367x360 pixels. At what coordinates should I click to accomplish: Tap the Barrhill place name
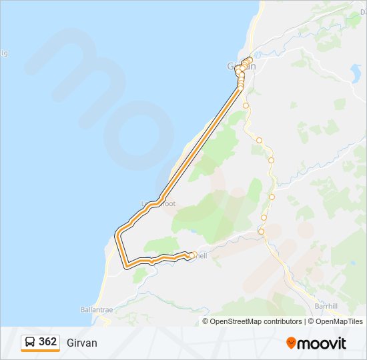pyautogui.click(x=327, y=306)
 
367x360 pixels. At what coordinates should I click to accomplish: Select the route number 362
pyautogui.click(x=47, y=342)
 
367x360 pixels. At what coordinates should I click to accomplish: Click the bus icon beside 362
pyautogui.click(x=30, y=342)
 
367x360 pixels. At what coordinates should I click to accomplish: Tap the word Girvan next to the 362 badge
pyautogui.click(x=81, y=343)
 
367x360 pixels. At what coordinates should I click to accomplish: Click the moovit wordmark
pyautogui.click(x=322, y=343)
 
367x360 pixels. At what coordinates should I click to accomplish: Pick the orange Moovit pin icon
pyautogui.click(x=291, y=343)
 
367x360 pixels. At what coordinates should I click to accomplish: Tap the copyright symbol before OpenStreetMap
pyautogui.click(x=206, y=321)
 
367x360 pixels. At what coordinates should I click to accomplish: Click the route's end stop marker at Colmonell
pyautogui.click(x=192, y=255)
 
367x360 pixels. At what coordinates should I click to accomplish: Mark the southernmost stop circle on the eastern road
pyautogui.click(x=262, y=231)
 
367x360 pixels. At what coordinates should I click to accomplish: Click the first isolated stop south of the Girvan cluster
pyautogui.click(x=246, y=105)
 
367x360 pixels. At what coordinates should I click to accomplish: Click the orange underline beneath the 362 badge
pyautogui.click(x=40, y=351)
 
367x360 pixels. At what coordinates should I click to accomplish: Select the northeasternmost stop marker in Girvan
pyautogui.click(x=250, y=60)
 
